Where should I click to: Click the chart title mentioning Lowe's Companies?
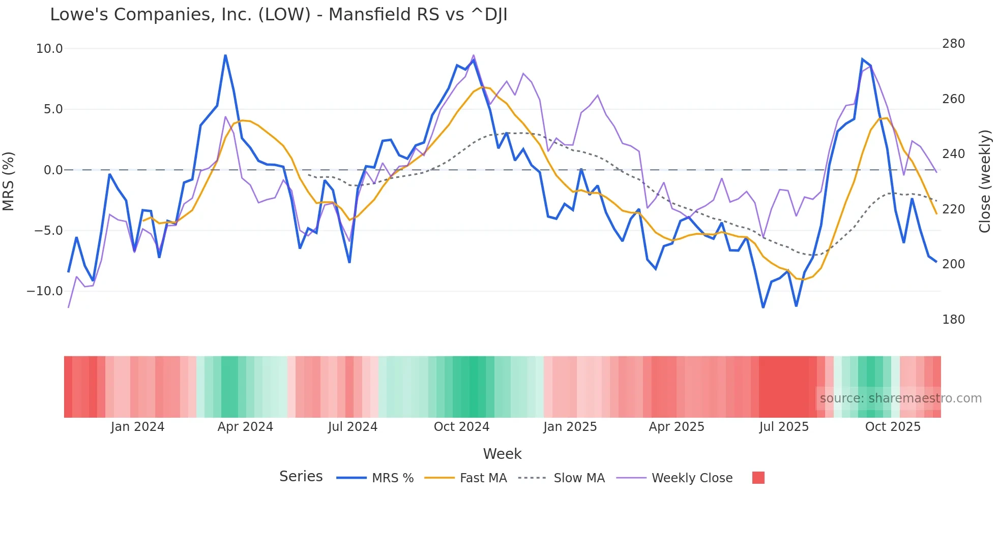click(x=278, y=15)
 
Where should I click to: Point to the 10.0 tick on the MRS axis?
click(x=49, y=49)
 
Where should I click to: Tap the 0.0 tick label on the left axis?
click(x=53, y=170)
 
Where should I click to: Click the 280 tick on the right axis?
click(x=953, y=44)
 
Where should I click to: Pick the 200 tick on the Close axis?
click(x=953, y=264)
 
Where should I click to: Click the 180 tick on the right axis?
click(x=953, y=320)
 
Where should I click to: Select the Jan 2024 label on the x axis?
click(x=137, y=427)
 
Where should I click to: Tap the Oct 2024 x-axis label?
click(x=461, y=427)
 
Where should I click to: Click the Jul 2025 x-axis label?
click(x=784, y=427)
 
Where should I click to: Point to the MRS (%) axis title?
click(x=9, y=181)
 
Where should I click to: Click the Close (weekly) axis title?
click(x=985, y=181)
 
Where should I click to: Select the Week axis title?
click(x=502, y=454)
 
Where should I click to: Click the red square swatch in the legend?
click(x=758, y=478)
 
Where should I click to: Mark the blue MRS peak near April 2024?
click(x=225, y=55)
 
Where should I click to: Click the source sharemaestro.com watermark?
click(x=900, y=398)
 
